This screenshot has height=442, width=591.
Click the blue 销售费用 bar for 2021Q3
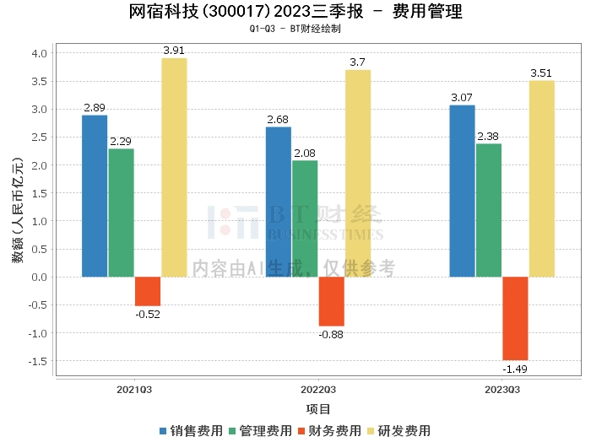coord(95,197)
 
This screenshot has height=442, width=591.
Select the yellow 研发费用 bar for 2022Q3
coord(358,174)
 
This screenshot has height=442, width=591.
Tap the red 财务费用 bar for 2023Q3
coord(515,319)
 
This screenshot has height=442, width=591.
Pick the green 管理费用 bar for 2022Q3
coord(305,218)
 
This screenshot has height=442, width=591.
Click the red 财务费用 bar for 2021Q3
coord(148,291)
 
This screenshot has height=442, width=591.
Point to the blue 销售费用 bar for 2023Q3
coord(462,191)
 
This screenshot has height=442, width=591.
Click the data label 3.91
coord(174,51)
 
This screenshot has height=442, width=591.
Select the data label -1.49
coord(515,369)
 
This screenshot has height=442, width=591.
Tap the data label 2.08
coord(305,154)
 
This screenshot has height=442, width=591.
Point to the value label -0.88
coord(331,335)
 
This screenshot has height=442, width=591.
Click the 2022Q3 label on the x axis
coord(318,390)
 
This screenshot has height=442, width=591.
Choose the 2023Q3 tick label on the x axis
coord(502,390)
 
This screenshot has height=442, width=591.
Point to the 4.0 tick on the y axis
coord(39,53)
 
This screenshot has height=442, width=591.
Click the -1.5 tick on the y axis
coord(38,361)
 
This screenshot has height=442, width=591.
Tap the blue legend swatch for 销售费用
coord(163,431)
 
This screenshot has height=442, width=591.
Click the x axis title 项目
coord(318,409)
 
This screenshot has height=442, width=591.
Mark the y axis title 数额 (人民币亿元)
coord(18,210)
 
